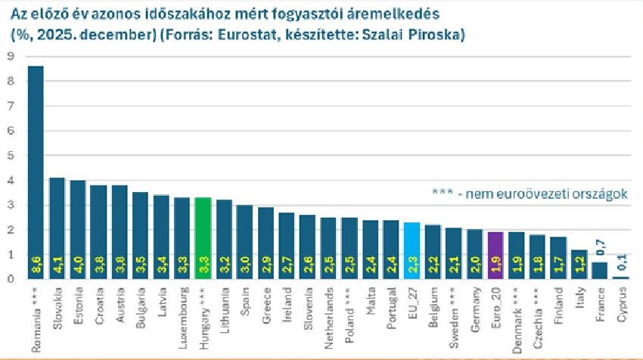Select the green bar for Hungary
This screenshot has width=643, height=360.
pyautogui.click(x=203, y=237)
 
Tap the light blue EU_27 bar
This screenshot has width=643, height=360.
pyautogui.click(x=412, y=250)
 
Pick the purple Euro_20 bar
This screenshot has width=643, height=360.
pyautogui.click(x=495, y=255)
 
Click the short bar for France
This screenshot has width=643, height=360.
pyautogui.click(x=598, y=271)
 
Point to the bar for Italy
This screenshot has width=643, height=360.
pyautogui.click(x=579, y=264)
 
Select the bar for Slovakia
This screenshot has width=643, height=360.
pyautogui.click(x=57, y=228)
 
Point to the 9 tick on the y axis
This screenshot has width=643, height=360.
pyautogui.click(x=10, y=56)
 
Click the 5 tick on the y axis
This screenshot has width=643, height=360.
pyautogui.click(x=10, y=155)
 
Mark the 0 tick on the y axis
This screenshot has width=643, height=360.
pyautogui.click(x=10, y=279)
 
